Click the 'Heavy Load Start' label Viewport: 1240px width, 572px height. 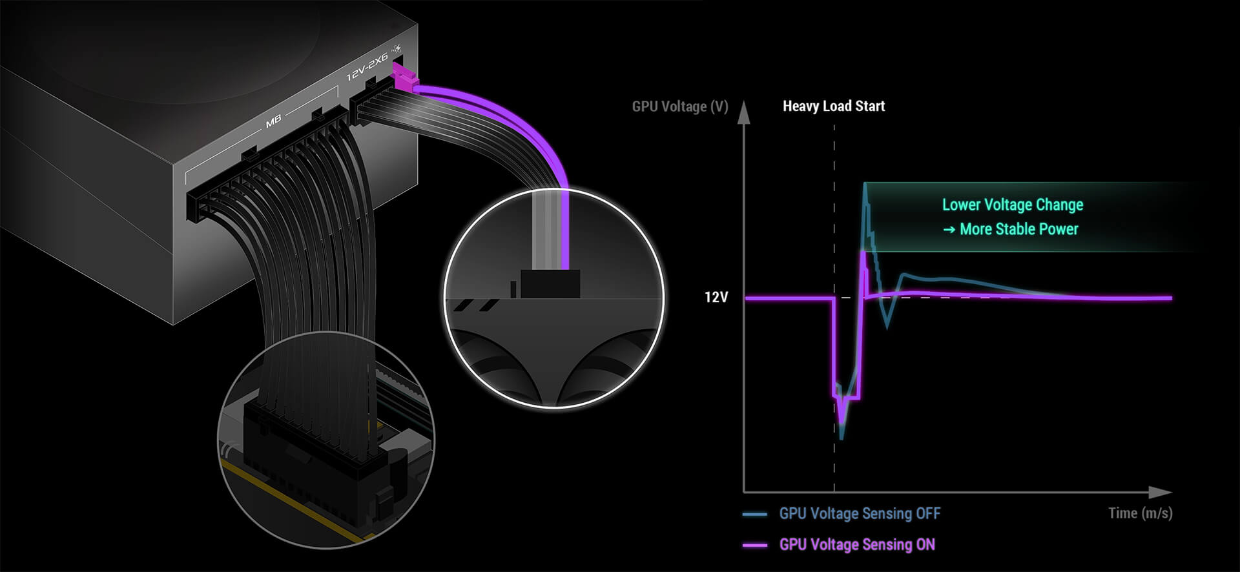click(833, 106)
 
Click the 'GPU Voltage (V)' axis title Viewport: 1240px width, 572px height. click(679, 107)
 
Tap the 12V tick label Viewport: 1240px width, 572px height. click(716, 297)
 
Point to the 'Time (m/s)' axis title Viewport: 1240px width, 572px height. click(1140, 513)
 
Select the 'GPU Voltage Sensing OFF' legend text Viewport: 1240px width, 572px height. click(860, 514)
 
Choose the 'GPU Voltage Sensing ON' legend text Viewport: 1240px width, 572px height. click(857, 545)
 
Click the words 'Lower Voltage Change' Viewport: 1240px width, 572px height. click(1013, 205)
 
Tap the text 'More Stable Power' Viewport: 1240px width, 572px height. click(1019, 229)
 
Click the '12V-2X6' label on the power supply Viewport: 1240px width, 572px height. click(367, 67)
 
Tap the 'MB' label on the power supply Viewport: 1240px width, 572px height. click(273, 120)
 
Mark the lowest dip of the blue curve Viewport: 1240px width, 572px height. click(841, 438)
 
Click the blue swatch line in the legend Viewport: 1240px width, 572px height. click(755, 515)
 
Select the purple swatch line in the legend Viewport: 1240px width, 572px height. click(755, 546)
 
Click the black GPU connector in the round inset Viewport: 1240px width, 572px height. click(550, 283)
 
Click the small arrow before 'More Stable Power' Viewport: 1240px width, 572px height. click(949, 230)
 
